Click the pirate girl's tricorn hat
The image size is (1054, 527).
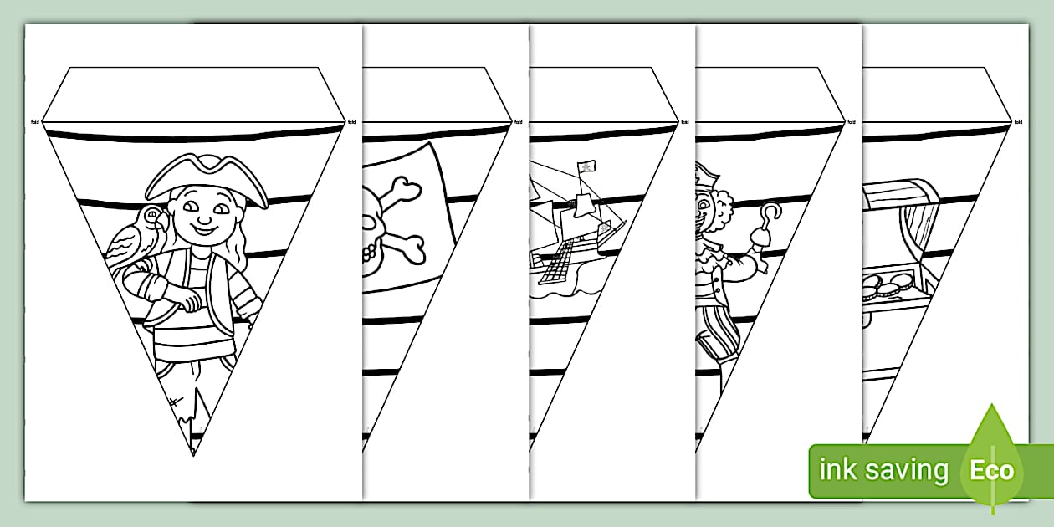click(206, 180)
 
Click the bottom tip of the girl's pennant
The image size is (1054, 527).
click(192, 453)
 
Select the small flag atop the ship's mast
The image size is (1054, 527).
click(586, 166)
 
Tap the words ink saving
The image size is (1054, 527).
click(883, 470)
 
